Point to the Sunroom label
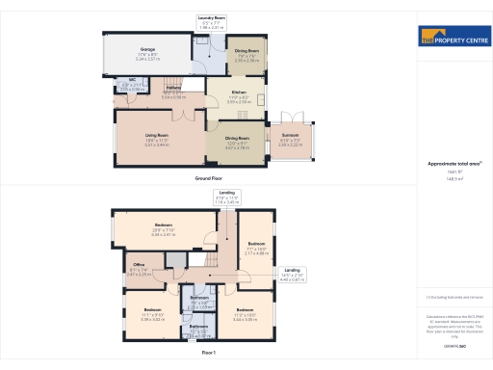point(290,140)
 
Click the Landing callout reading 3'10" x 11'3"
point(225,198)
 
